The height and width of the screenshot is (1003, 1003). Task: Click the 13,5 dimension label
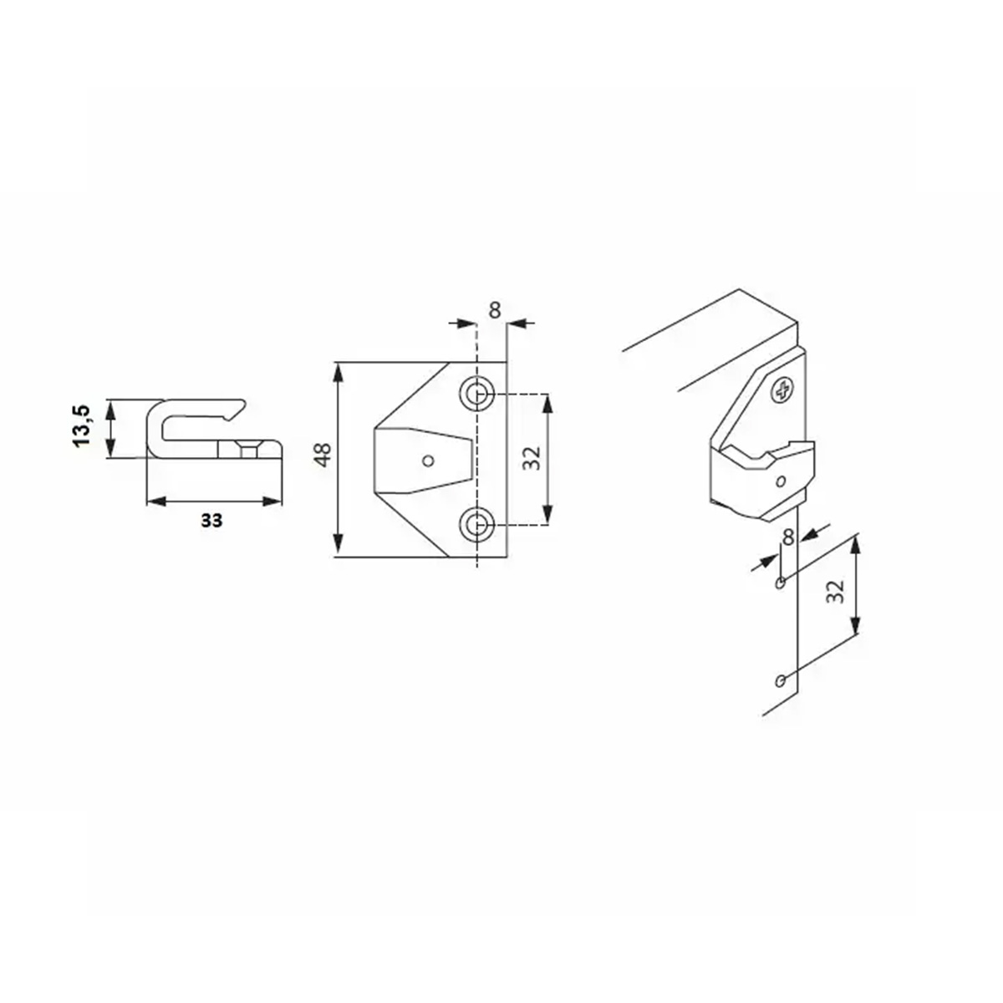pyautogui.click(x=82, y=425)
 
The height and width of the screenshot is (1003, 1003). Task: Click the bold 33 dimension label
pyautogui.click(x=211, y=520)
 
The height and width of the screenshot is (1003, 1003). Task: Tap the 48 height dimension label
pyautogui.click(x=323, y=455)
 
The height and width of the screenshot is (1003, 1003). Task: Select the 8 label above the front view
pyautogui.click(x=495, y=310)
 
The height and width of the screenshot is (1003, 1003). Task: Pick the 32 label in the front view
pyautogui.click(x=532, y=459)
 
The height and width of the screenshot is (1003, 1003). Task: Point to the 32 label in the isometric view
pyautogui.click(x=835, y=591)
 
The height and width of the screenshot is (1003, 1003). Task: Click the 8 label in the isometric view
pyautogui.click(x=788, y=537)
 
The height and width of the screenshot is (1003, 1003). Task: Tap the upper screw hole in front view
pyautogui.click(x=476, y=394)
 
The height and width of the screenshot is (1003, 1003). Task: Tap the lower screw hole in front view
pyautogui.click(x=476, y=525)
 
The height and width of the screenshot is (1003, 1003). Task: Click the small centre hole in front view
pyautogui.click(x=429, y=460)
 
